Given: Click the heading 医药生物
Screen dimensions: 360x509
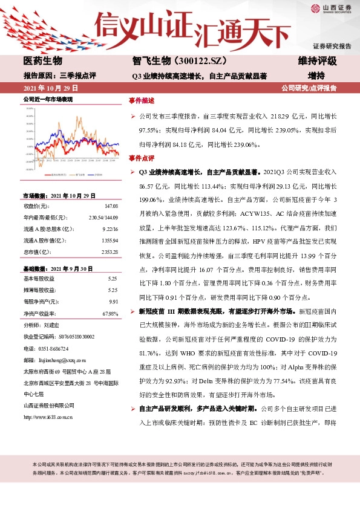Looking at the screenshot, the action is click(x=42, y=62).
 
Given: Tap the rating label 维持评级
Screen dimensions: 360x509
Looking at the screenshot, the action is click(x=317, y=62).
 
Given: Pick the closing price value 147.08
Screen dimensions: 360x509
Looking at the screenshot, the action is click(x=111, y=207).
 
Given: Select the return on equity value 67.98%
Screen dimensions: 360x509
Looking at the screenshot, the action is click(x=110, y=313).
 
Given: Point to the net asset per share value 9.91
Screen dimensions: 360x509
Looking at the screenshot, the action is click(x=113, y=301).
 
